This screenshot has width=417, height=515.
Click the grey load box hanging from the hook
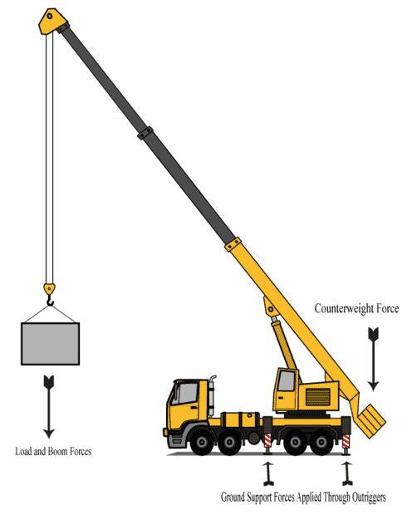click(x=50, y=344)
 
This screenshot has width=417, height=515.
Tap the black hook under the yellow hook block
click(x=50, y=300)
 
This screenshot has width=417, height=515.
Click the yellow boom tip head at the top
click(x=52, y=21)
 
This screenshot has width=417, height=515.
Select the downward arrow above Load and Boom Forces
click(x=49, y=407)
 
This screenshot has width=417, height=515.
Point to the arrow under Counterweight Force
click(x=373, y=359)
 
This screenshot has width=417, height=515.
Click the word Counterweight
click(x=344, y=308)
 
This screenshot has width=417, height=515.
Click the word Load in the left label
click(x=23, y=451)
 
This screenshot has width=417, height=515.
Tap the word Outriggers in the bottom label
click(x=369, y=498)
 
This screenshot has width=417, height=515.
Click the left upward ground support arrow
click(x=268, y=473)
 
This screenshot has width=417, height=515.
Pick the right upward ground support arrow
click(x=347, y=473)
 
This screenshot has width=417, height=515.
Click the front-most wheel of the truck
click(x=202, y=442)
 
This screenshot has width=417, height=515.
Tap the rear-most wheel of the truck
click(x=321, y=442)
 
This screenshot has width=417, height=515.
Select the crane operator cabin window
click(x=287, y=380)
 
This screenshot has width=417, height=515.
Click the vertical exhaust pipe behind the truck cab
click(x=212, y=395)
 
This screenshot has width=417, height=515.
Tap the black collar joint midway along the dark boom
click(x=145, y=133)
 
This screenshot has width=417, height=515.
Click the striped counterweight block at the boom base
click(x=372, y=421)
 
